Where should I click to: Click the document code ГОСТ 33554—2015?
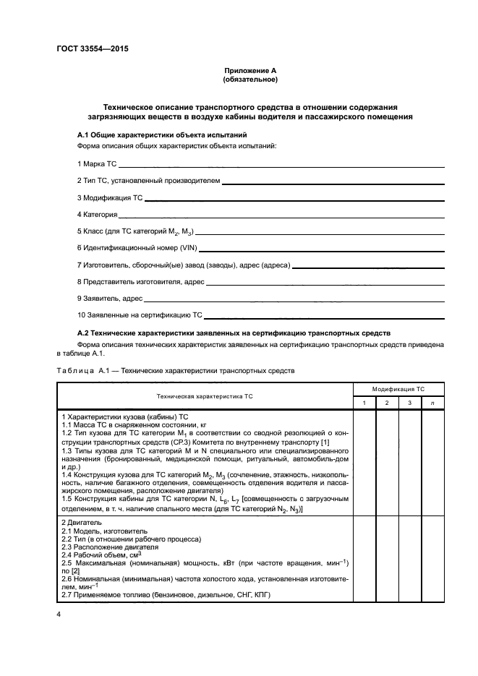[88, 49]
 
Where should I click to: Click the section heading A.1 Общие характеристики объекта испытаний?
[162, 135]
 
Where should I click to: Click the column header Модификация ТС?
[398, 389]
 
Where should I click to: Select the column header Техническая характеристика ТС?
[205, 396]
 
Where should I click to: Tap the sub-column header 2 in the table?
[388, 402]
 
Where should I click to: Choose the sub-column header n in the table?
[432, 402]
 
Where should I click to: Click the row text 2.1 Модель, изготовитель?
[106, 530]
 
